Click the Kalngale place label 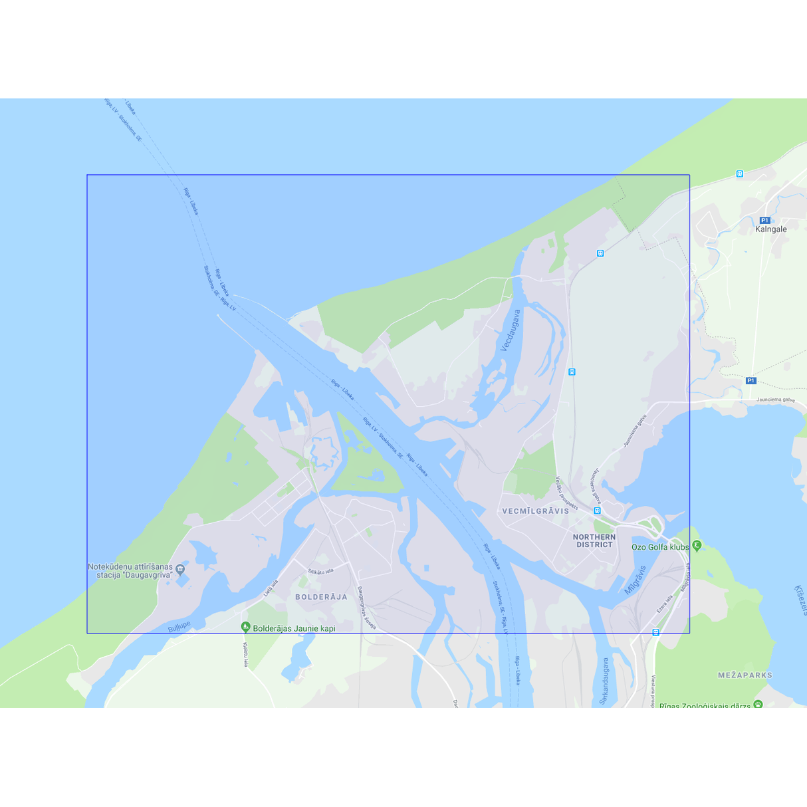(x=770, y=229)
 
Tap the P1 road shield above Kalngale (x=764, y=220)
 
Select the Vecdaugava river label (x=511, y=330)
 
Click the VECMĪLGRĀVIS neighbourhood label (x=535, y=511)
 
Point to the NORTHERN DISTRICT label (x=594, y=540)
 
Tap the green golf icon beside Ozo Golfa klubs (x=697, y=546)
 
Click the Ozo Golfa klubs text (x=660, y=547)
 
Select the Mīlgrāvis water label (x=635, y=580)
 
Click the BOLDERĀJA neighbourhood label (x=321, y=597)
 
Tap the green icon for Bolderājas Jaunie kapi (x=245, y=627)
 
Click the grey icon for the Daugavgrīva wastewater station (x=180, y=569)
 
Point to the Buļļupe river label (x=179, y=627)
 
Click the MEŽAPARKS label (x=745, y=675)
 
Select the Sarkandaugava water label (x=604, y=681)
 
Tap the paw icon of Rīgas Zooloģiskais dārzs (x=758, y=704)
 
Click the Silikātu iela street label (x=320, y=571)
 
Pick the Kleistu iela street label (x=245, y=654)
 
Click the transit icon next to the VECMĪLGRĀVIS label (x=597, y=511)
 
